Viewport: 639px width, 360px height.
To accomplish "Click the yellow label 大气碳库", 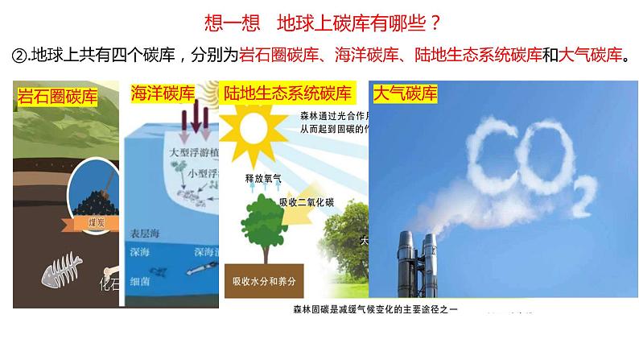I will point(406,94).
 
